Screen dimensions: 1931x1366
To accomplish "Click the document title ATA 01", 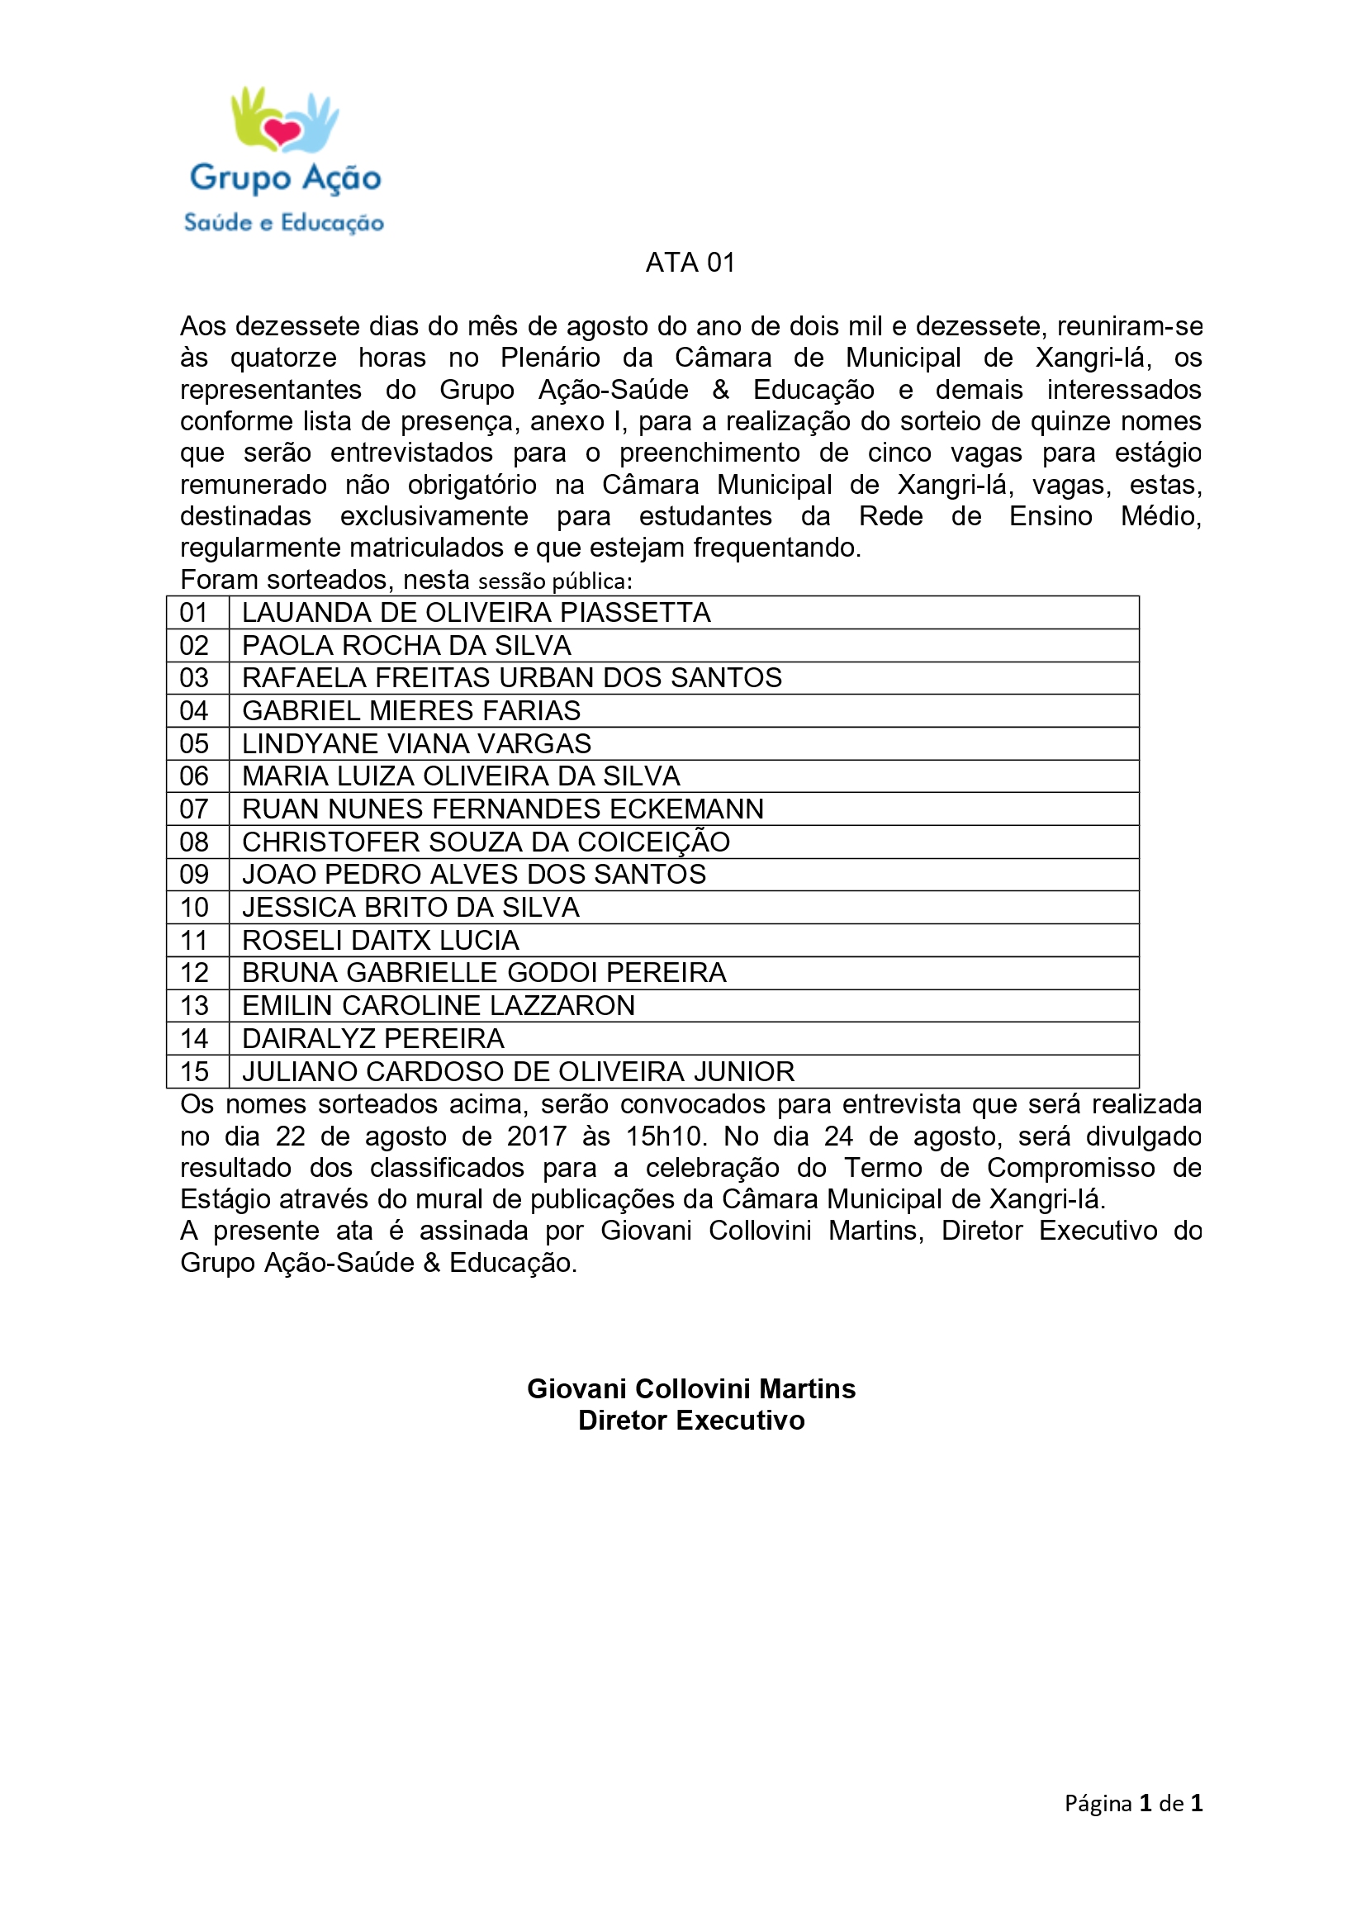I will point(690,263).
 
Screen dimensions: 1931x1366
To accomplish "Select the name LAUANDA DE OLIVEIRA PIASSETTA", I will point(476,613).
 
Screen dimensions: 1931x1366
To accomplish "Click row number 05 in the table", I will point(194,744).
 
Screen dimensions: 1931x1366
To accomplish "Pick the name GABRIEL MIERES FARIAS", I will point(411,711).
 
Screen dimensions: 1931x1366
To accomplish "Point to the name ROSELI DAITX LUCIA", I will point(380,940).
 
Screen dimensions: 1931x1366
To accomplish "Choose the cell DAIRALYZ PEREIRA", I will point(373,1039).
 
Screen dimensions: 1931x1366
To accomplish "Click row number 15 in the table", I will point(194,1072).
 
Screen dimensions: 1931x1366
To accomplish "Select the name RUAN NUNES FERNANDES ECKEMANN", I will point(503,809).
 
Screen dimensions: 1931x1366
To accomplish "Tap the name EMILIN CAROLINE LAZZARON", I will point(439,1006).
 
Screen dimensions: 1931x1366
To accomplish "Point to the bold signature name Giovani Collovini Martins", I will point(690,1388).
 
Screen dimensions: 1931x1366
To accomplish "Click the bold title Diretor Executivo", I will point(690,1421).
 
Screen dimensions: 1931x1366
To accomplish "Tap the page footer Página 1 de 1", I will point(1133,1803).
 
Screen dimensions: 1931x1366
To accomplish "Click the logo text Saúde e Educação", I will point(284,223).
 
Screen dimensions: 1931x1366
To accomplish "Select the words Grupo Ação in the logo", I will point(285,178).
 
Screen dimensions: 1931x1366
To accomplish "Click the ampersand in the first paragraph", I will point(721,390).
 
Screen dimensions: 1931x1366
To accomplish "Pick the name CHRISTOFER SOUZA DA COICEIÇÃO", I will point(486,842).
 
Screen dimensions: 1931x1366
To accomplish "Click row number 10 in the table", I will point(194,908).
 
